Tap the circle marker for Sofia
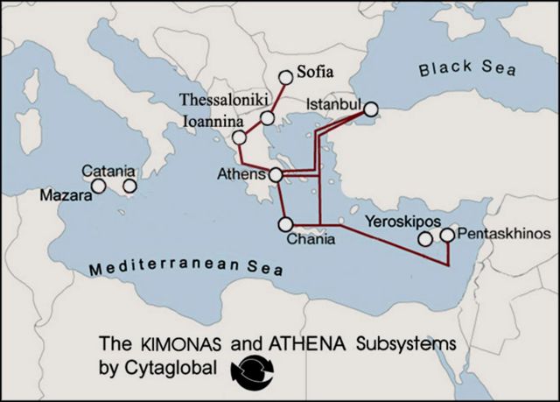[x=285, y=77]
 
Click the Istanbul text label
[x=333, y=105]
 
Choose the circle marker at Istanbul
[x=370, y=109]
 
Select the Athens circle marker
[x=276, y=175]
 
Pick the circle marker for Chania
[x=284, y=223]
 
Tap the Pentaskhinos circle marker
[x=448, y=235]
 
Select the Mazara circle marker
[x=99, y=186]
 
